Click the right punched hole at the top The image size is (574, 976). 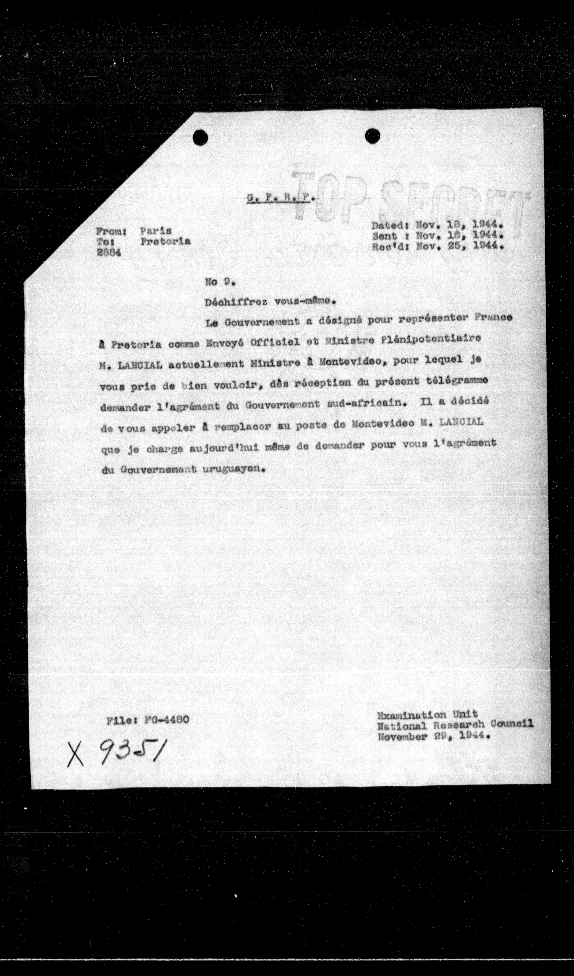pos(372,136)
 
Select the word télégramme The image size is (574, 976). pos(461,381)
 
